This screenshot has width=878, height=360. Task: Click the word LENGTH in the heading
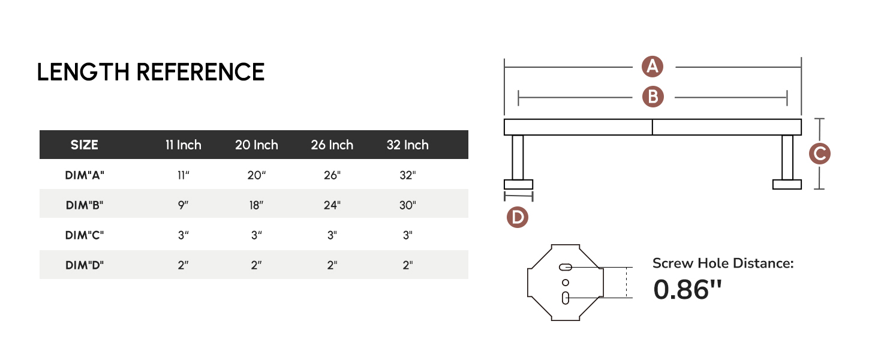[x=83, y=72]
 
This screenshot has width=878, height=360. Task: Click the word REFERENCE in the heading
[x=200, y=72]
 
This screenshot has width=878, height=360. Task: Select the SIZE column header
[x=85, y=145]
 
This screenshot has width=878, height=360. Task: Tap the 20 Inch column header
[x=256, y=145]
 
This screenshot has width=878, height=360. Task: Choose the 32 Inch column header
[x=408, y=145]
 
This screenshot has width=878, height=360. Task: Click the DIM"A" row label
[x=85, y=175]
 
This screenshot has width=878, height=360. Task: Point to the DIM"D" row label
[x=85, y=265]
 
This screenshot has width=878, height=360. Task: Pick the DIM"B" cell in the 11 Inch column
[x=183, y=205]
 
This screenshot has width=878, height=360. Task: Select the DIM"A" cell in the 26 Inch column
[x=332, y=175]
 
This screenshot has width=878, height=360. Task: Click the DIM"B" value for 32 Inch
[x=408, y=205]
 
